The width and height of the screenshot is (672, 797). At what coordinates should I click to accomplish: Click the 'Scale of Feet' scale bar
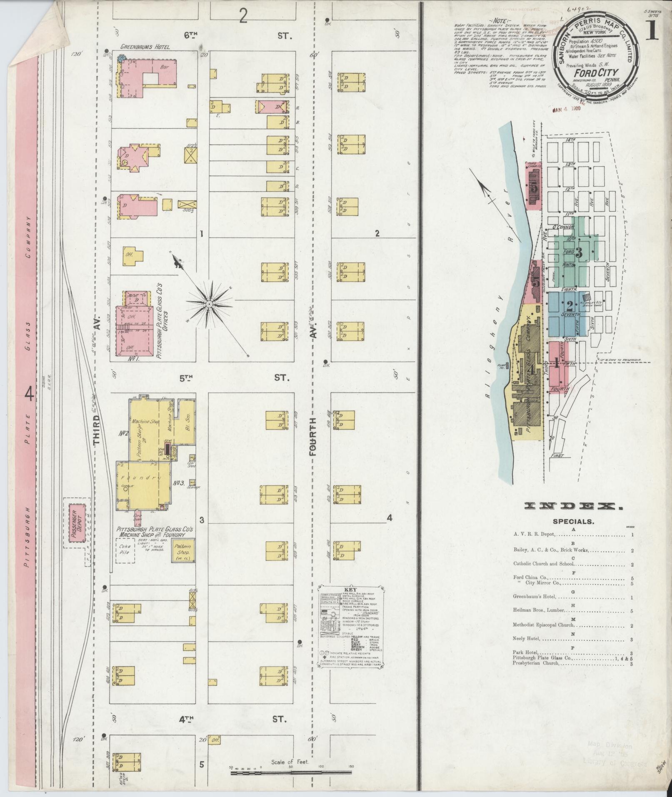292,772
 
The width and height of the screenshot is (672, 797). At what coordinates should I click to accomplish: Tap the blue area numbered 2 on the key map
569,309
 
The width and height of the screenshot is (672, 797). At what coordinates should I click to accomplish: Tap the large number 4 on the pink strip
30,393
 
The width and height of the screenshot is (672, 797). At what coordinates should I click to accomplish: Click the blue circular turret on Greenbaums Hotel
121,59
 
